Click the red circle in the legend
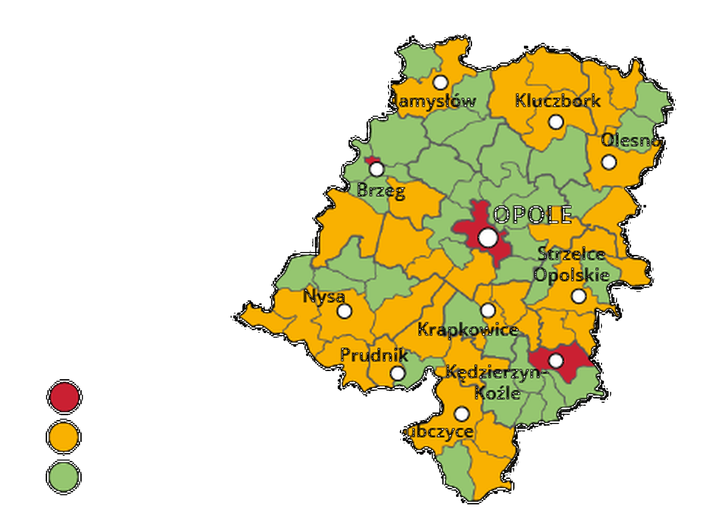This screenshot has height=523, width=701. click(64, 397)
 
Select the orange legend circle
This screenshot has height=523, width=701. click(64, 437)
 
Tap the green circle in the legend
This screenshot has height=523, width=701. click(64, 477)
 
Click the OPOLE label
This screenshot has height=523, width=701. click(532, 215)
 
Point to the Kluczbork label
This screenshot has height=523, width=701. click(558, 101)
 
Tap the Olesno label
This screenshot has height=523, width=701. click(631, 141)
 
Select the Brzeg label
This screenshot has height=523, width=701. click(381, 190)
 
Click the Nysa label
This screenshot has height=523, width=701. click(324, 296)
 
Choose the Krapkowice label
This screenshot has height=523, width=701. click(468, 330)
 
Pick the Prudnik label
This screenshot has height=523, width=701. click(374, 355)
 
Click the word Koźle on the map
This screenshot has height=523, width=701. click(497, 393)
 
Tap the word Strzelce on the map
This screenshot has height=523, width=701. click(571, 254)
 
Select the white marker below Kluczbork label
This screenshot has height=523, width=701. click(556, 122)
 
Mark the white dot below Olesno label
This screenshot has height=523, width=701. click(609, 162)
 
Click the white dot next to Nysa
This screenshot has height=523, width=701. click(344, 311)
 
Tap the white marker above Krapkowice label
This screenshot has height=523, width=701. click(488, 310)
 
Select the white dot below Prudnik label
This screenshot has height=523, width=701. click(398, 374)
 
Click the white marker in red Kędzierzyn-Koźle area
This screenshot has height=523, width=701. click(556, 361)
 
